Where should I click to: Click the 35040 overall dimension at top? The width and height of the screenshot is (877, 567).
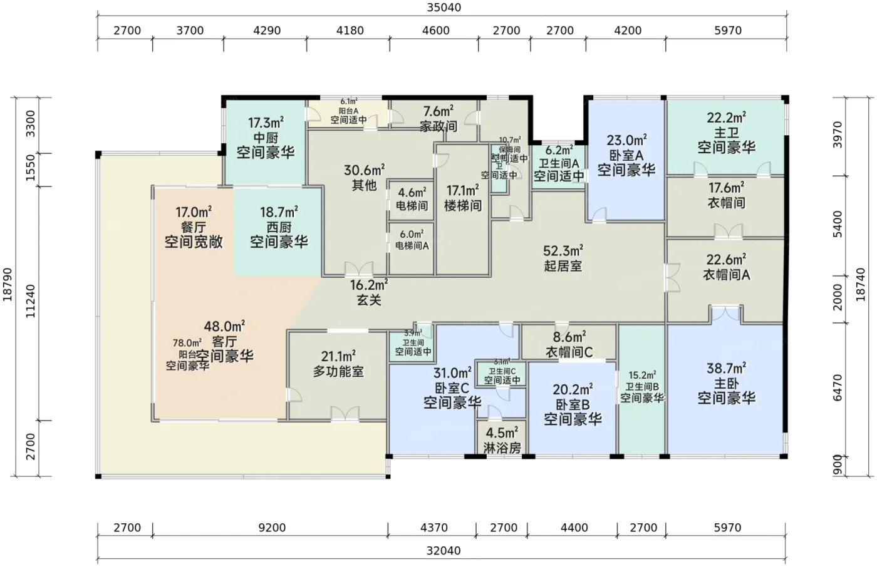click(x=443, y=8)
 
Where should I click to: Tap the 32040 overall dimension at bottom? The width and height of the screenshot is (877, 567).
click(x=443, y=551)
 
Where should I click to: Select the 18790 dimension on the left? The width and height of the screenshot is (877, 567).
click(x=8, y=285)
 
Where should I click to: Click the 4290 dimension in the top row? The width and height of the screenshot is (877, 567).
click(x=267, y=31)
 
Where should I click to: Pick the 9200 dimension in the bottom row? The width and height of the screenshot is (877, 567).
click(x=271, y=528)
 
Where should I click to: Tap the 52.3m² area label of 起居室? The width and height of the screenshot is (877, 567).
click(x=563, y=251)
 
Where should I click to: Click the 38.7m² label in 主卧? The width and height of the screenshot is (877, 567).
click(x=726, y=368)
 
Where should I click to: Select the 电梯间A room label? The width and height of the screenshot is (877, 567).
click(x=412, y=246)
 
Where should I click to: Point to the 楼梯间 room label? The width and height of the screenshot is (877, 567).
click(x=463, y=205)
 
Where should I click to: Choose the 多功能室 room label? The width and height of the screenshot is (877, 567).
click(x=338, y=372)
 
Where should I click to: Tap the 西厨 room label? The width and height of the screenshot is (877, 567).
click(x=279, y=227)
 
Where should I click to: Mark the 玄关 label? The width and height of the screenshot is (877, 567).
click(x=369, y=300)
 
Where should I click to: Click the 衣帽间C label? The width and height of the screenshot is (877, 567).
click(x=569, y=352)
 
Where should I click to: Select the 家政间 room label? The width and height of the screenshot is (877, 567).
click(x=438, y=126)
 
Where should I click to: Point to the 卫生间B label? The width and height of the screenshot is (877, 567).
click(x=642, y=387)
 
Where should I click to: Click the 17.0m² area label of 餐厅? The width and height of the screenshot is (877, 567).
click(x=193, y=213)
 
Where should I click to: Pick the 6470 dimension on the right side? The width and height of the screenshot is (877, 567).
click(x=838, y=388)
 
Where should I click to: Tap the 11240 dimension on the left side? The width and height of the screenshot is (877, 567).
click(x=31, y=300)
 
